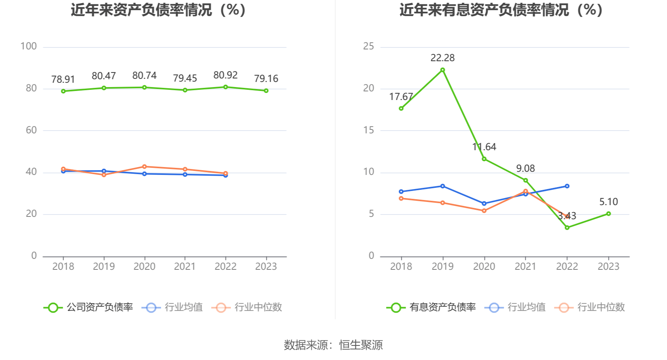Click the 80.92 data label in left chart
(225, 75)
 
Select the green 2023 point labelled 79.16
(266, 91)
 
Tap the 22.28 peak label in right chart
(442, 58)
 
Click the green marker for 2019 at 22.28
(443, 70)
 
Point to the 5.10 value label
(608, 202)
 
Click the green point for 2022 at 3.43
(567, 227)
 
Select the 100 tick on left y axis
(29, 47)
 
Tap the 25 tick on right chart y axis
(368, 47)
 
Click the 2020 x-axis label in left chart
(144, 267)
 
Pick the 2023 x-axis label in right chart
(608, 267)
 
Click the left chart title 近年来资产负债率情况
(159, 10)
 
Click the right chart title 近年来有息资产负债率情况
(501, 10)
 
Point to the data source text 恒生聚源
(361, 345)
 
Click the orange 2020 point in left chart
(144, 167)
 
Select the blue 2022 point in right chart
(567, 186)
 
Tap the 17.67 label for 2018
(401, 97)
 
